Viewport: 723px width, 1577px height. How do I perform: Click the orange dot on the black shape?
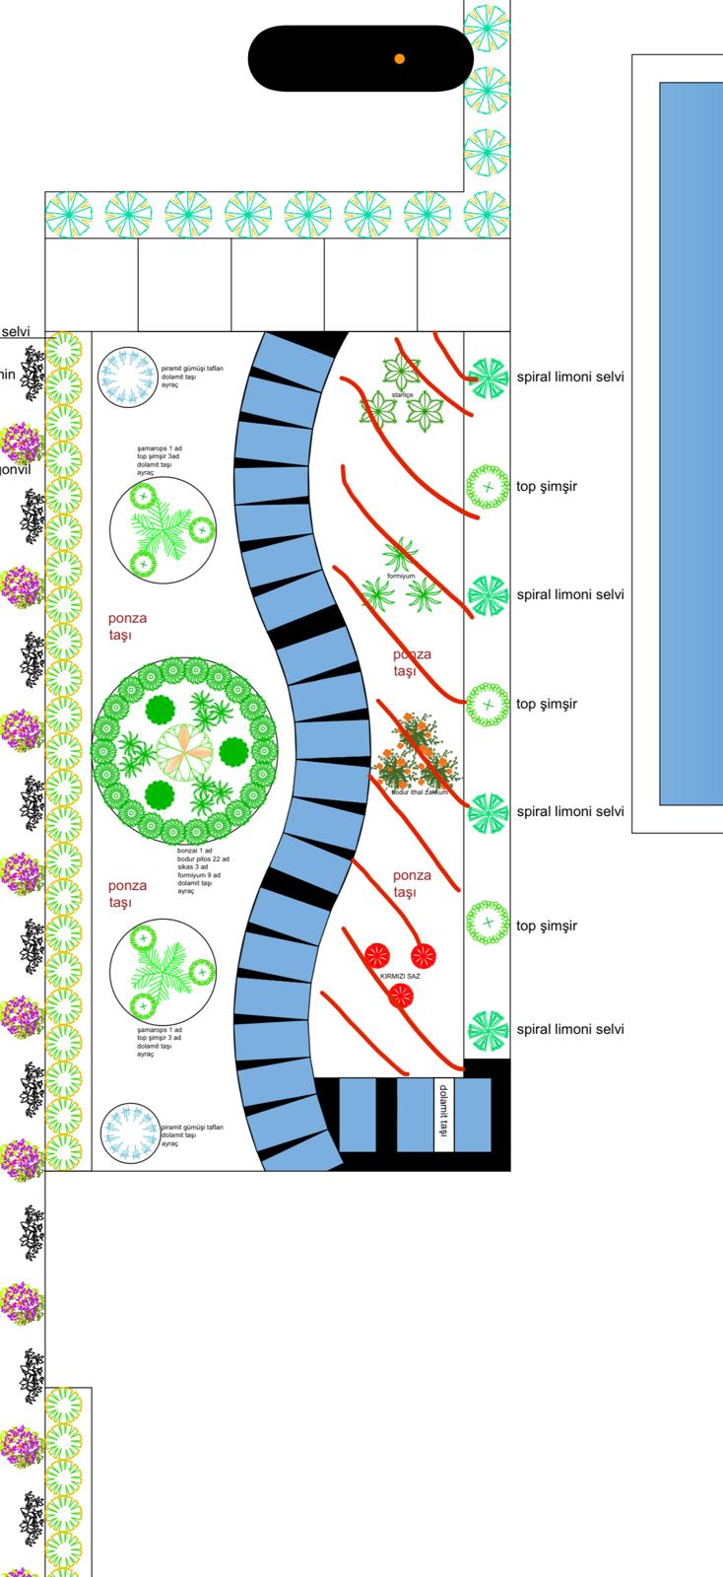click(x=399, y=59)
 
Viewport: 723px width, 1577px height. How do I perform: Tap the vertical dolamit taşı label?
click(x=443, y=1114)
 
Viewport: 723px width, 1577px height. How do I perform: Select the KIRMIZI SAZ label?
click(x=400, y=975)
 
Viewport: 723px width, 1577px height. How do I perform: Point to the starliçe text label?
click(x=401, y=394)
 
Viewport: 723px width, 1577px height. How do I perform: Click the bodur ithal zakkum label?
click(x=420, y=791)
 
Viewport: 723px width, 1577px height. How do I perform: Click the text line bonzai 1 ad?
click(x=194, y=850)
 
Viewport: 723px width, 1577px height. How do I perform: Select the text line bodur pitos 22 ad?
click(x=203, y=858)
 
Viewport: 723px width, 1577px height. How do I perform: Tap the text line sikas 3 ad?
click(x=193, y=866)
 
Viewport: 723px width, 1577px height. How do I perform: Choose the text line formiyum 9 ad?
click(x=199, y=875)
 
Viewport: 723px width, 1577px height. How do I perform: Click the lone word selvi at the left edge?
click(x=16, y=331)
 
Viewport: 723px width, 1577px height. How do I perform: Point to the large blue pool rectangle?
click(x=690, y=444)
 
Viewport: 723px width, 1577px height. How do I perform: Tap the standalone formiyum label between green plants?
click(x=401, y=576)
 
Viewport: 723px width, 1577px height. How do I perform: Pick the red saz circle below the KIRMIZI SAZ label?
click(x=399, y=996)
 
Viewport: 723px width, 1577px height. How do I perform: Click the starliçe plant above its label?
click(x=401, y=371)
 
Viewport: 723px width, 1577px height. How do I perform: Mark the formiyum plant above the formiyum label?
click(x=400, y=555)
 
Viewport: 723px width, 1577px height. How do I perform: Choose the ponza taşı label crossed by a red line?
click(x=412, y=661)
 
